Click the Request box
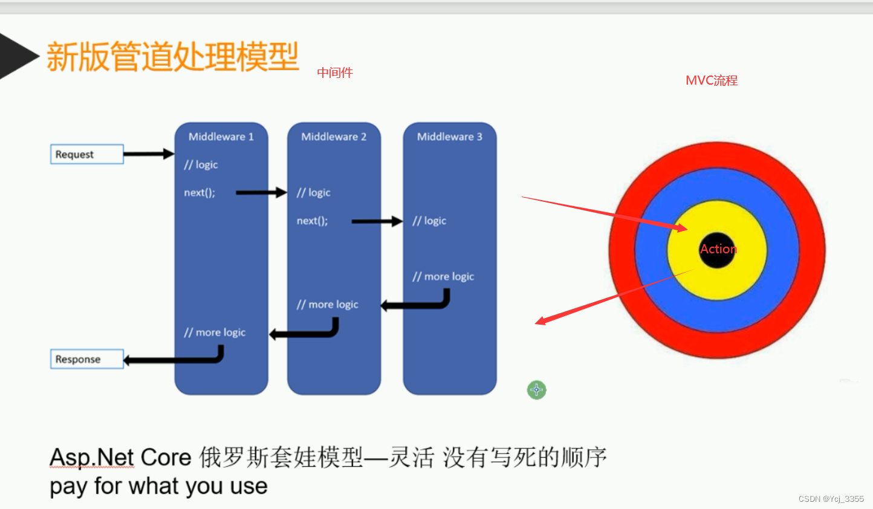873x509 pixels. click(86, 154)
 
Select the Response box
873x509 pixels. click(86, 359)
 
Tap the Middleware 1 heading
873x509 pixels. click(221, 137)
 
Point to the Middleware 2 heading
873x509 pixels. click(334, 137)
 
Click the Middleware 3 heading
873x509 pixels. click(449, 137)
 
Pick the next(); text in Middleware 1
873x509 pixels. click(200, 193)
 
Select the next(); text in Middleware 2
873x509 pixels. click(312, 221)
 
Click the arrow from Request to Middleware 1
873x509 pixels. click(148, 154)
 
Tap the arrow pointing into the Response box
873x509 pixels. click(172, 360)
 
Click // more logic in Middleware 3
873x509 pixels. click(443, 277)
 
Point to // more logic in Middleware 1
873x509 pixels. click(215, 332)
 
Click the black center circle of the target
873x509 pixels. click(716, 250)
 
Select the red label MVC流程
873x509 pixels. click(712, 80)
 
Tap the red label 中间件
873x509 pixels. click(335, 73)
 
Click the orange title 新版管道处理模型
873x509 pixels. click(172, 57)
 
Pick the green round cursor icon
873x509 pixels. click(536, 390)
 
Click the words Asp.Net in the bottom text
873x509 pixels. click(92, 457)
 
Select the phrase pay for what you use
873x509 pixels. click(158, 486)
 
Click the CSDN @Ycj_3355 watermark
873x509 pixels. click(831, 499)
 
